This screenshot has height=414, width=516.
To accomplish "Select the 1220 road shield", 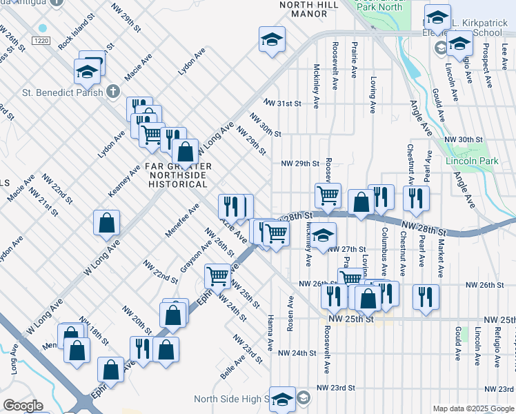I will click(x=41, y=41).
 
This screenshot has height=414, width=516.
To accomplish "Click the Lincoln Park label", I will click(x=482, y=161).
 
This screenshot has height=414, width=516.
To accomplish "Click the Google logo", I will click(x=23, y=406).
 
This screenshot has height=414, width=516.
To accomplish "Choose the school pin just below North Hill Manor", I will click(x=272, y=40).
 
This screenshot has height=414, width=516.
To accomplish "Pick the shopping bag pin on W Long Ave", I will click(x=106, y=222).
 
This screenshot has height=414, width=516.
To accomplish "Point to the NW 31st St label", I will click(x=281, y=103).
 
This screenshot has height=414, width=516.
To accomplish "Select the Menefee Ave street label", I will click(x=182, y=220).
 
